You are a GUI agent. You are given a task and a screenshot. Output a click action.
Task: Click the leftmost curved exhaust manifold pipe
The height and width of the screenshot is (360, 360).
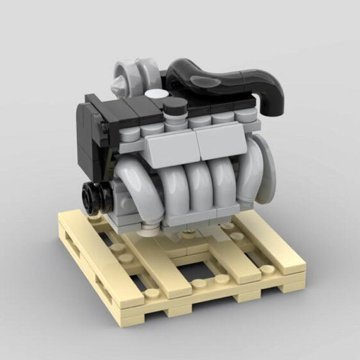tap(133, 184)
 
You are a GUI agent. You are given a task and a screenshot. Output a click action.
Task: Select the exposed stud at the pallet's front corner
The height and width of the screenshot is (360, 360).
tap(153, 294)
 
